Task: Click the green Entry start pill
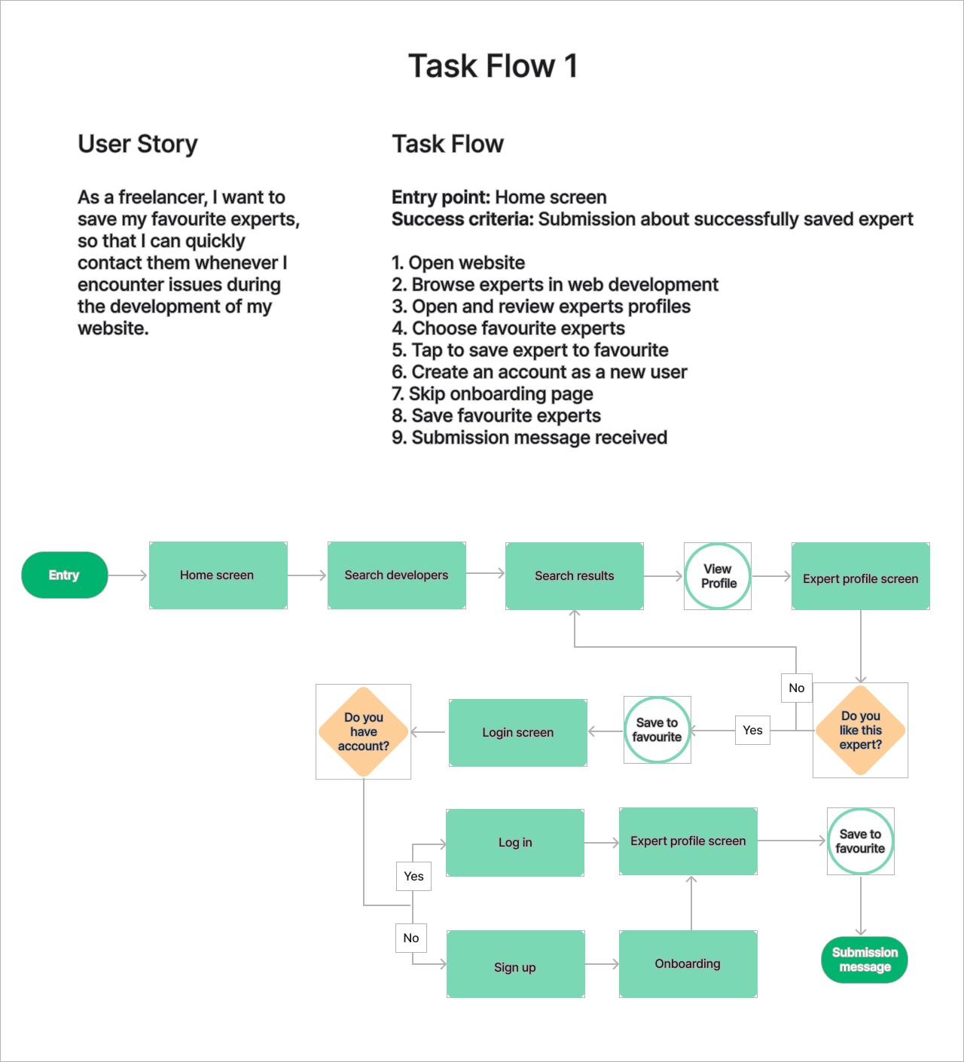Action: click(x=65, y=575)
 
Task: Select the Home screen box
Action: click(x=218, y=575)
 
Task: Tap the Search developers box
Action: click(x=396, y=575)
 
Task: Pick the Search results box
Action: click(x=574, y=576)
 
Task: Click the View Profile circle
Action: click(x=718, y=576)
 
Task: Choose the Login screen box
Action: click(x=517, y=733)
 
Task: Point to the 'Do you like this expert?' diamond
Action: click(x=860, y=731)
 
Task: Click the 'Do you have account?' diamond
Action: click(x=364, y=732)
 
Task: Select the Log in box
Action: click(x=515, y=843)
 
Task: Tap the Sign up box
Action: click(x=515, y=968)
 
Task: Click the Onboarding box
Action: click(x=688, y=964)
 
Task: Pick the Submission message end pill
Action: click(x=864, y=960)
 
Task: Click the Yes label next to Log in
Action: click(x=413, y=877)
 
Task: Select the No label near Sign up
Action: click(x=411, y=938)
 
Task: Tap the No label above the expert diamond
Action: click(x=797, y=688)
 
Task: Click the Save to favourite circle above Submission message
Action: click(x=860, y=841)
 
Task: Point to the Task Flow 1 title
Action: click(x=493, y=66)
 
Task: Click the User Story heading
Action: click(x=138, y=144)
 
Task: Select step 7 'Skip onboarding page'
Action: click(x=493, y=394)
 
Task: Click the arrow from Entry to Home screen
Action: click(x=128, y=575)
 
